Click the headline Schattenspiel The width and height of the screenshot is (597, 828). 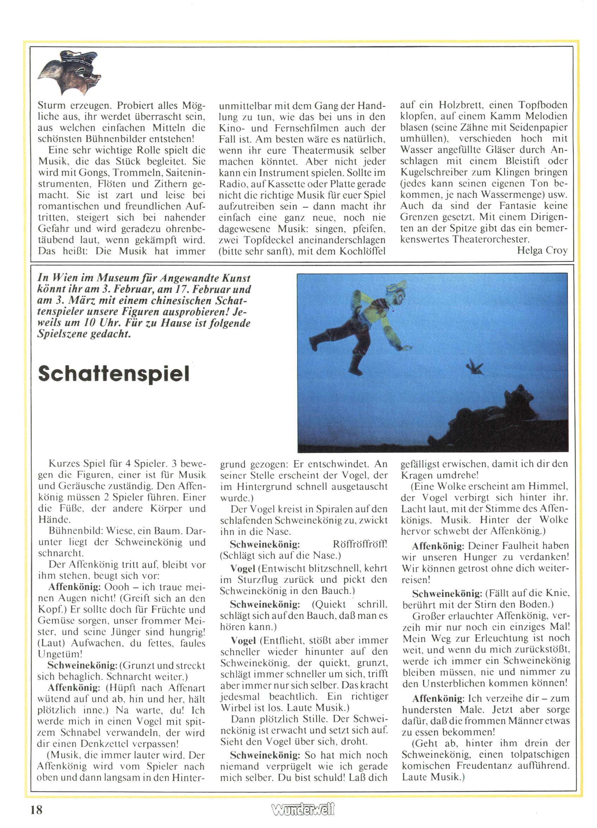click(114, 373)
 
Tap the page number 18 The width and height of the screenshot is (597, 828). click(37, 810)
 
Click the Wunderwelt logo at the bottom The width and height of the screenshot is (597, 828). click(303, 810)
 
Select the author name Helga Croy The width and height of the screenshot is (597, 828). click(542, 250)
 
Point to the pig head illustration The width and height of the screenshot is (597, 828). click(69, 72)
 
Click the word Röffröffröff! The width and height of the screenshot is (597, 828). click(360, 544)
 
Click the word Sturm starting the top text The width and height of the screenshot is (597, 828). click(51, 105)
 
